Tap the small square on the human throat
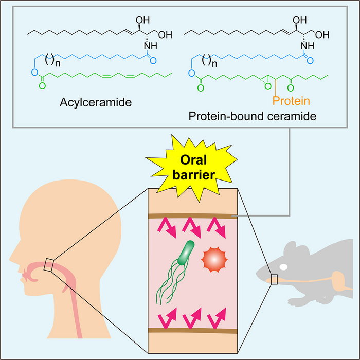pos(49,264)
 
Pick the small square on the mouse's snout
pos(275,279)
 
